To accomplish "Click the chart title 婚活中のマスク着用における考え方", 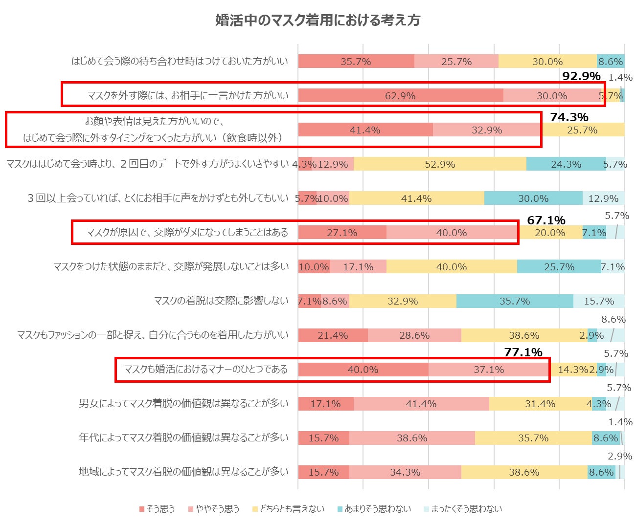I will (318, 20).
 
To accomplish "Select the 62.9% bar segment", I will (400, 96).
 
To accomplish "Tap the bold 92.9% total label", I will (581, 76).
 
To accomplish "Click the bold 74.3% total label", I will (569, 117).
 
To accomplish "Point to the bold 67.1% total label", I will (546, 220).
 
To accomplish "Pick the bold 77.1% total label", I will (523, 352).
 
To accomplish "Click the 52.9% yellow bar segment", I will (439, 164).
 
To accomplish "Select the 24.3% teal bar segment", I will (566, 164).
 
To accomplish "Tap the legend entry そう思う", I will (157, 509).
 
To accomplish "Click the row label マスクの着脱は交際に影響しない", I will (221, 301).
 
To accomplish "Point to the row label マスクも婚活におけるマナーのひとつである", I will (206, 369).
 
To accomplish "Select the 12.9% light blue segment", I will (603, 198).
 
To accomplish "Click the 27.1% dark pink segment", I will (342, 233).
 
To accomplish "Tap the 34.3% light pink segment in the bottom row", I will (405, 472).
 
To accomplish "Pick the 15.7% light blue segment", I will (599, 301).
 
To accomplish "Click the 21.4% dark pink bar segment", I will (333, 335).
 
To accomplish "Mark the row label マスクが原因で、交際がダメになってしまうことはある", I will (187, 232).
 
